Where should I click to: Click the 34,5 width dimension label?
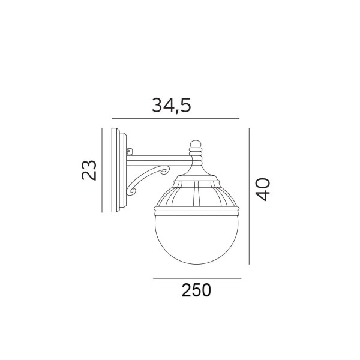pos(171,106)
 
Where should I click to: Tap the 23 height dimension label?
pos(89,170)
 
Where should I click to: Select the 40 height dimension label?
pos(263,190)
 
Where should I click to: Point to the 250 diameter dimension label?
pos(196,290)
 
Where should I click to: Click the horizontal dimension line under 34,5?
pos(175,118)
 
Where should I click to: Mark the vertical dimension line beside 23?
pos(102,170)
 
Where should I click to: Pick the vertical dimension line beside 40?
pos(249,196)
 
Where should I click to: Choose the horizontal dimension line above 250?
pos(197,278)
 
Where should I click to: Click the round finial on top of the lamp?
pos(196,144)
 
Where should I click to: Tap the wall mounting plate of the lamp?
pos(119,170)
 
